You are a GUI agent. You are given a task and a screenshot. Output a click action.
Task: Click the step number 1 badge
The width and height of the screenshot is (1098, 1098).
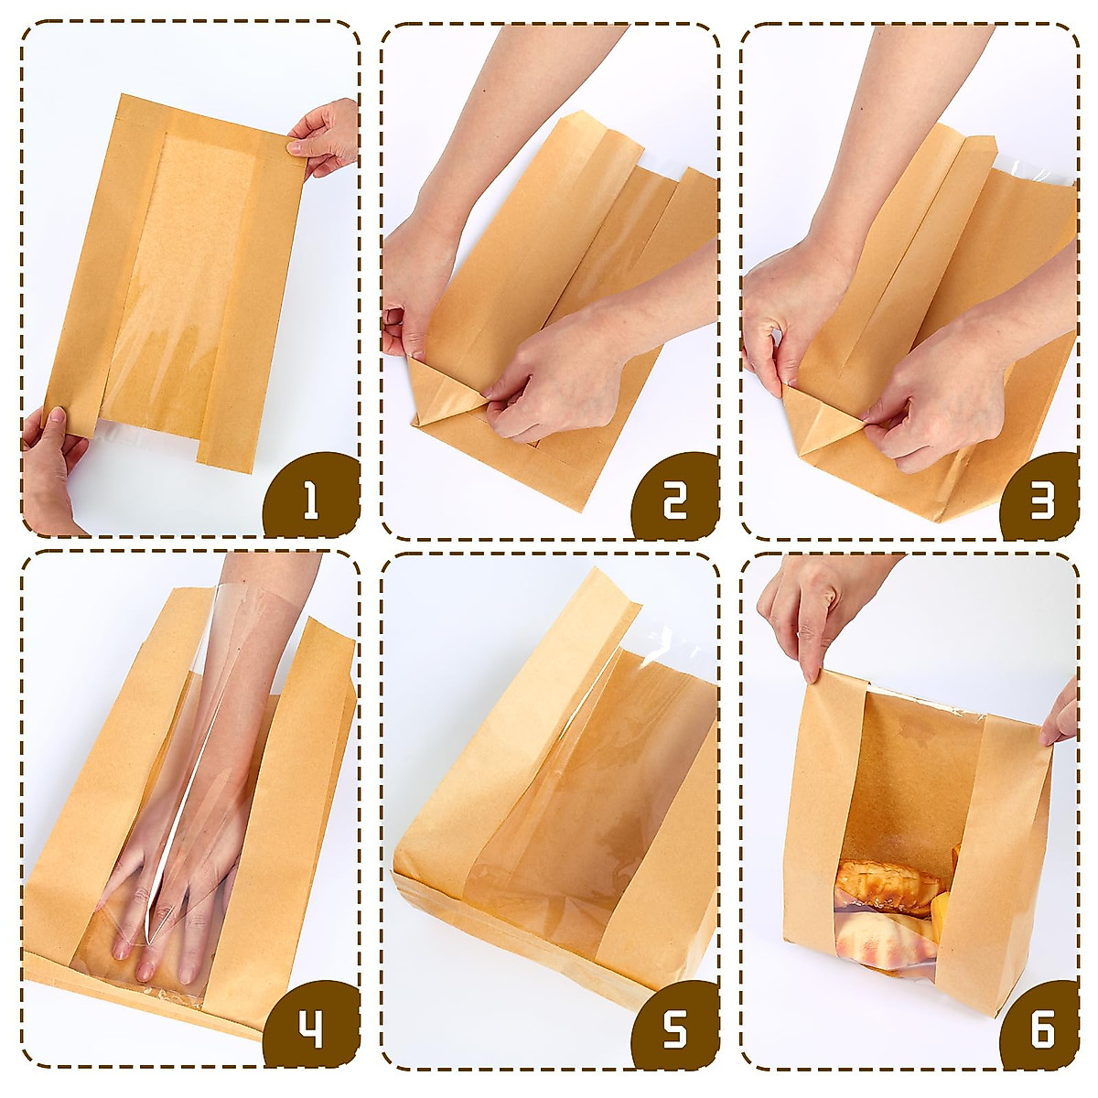click(x=311, y=499)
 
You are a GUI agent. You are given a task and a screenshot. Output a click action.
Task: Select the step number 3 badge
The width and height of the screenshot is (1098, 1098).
click(x=1041, y=499)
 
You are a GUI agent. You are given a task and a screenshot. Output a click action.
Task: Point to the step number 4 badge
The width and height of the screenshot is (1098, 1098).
click(x=311, y=1030)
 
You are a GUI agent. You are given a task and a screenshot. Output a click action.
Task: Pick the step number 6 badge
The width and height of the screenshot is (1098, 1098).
click(x=1041, y=1030)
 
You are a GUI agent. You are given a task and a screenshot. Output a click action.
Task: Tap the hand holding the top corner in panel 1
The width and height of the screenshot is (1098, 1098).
click(x=325, y=137)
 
